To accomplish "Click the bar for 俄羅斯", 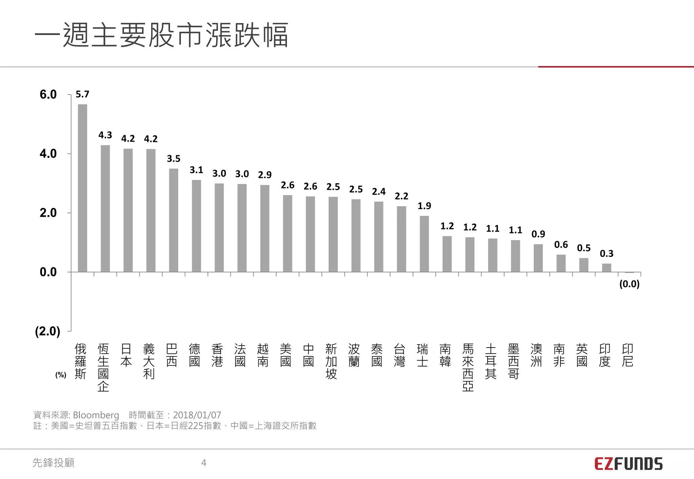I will pyautogui.click(x=82, y=188).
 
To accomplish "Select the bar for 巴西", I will pyautogui.click(x=173, y=220).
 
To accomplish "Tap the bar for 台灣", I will pyautogui.click(x=402, y=239).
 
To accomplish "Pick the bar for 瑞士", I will pyautogui.click(x=424, y=244).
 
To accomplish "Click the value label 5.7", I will pyautogui.click(x=82, y=95).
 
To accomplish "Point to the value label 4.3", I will pyautogui.click(x=105, y=135).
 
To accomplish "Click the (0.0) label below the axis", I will pyautogui.click(x=629, y=284).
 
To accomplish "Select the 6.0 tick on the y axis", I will pyautogui.click(x=48, y=95).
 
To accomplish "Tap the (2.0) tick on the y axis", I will pyautogui.click(x=47, y=331).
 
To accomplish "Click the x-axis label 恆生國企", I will pyautogui.click(x=103, y=368).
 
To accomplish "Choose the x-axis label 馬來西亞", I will pyautogui.click(x=468, y=368).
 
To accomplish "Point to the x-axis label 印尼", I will pyautogui.click(x=627, y=355).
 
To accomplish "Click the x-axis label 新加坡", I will pyautogui.click(x=331, y=361).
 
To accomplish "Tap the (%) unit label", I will pyautogui.click(x=61, y=375).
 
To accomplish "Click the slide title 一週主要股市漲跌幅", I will pyautogui.click(x=161, y=35).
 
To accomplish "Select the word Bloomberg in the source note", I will pyautogui.click(x=96, y=415).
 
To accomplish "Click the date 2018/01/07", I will pyautogui.click(x=197, y=415).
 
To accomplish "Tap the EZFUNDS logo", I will pyautogui.click(x=628, y=464).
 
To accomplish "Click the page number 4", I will pyautogui.click(x=204, y=463).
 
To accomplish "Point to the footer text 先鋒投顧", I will pyautogui.click(x=54, y=463).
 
